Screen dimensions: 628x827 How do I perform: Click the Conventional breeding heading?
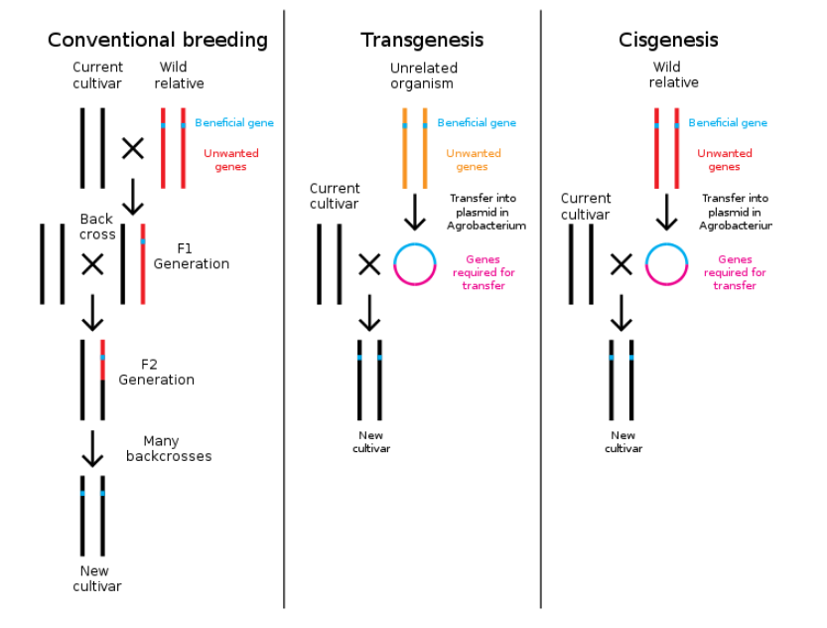[x=158, y=40]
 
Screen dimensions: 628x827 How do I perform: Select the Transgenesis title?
[x=422, y=40]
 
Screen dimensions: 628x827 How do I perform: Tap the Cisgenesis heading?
[x=668, y=40]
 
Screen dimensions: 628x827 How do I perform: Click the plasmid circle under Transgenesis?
[x=415, y=264]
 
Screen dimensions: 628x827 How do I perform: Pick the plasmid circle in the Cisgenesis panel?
[x=666, y=264]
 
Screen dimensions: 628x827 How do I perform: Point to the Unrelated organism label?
[x=424, y=76]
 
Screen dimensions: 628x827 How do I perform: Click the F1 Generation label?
[x=191, y=256]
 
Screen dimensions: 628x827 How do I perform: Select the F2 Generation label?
[x=156, y=372]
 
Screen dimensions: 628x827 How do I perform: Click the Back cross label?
[x=97, y=227]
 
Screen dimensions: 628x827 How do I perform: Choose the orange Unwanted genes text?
[x=474, y=160]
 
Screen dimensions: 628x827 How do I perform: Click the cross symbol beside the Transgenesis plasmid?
[x=369, y=264]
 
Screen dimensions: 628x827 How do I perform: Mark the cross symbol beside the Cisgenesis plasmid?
[x=620, y=264]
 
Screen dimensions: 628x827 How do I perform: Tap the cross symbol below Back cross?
[x=92, y=264]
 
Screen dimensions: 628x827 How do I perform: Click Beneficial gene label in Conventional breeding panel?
[x=234, y=123]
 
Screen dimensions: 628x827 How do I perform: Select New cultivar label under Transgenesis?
[x=371, y=441]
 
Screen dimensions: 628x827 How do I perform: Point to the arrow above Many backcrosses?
[x=92, y=448]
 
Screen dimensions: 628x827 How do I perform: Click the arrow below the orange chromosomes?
[x=415, y=211]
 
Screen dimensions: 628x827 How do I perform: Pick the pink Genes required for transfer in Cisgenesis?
[x=735, y=272]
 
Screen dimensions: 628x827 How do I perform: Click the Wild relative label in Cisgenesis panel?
[x=674, y=76]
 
